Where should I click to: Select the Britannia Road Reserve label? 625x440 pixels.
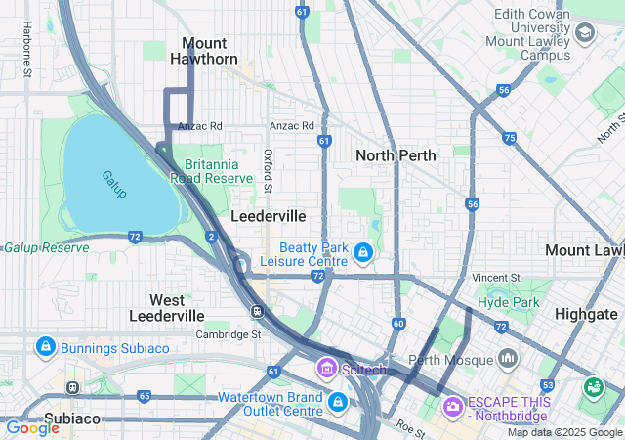[x=212, y=171]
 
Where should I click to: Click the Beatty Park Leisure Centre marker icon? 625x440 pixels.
[x=363, y=254]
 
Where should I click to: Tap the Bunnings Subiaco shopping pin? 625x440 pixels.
[x=45, y=347]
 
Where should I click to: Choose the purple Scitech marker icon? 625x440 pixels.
[x=326, y=369]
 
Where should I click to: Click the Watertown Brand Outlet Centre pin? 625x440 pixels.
[x=337, y=403]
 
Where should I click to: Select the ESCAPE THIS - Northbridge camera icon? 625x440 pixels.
[x=453, y=405]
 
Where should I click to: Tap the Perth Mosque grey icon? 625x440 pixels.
[x=507, y=359]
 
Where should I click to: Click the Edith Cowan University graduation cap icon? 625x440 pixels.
[x=584, y=36]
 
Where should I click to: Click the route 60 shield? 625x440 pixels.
[x=398, y=324]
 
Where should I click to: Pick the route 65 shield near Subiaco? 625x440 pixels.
[x=145, y=396]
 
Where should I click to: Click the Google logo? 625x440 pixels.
[x=32, y=427]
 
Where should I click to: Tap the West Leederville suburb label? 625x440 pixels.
[x=167, y=307]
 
